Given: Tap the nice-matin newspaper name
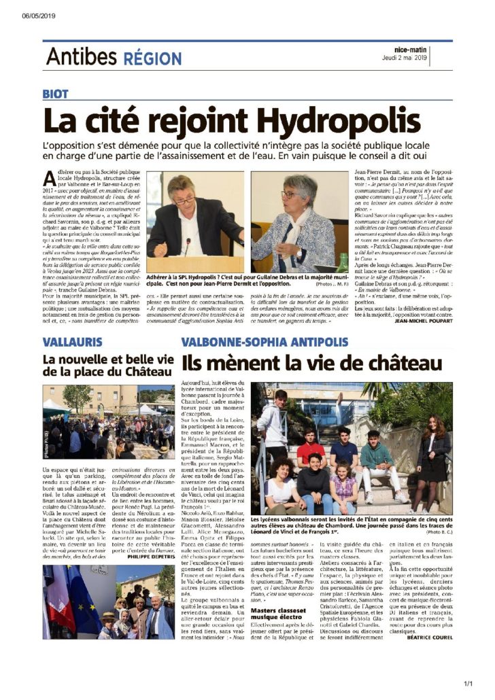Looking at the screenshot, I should (x=413, y=50).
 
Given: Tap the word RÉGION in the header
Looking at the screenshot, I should (x=152, y=58).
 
